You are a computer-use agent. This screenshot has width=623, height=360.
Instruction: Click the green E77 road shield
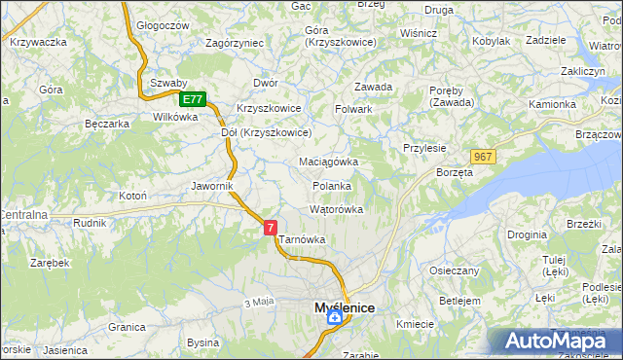pyautogui.click(x=193, y=99)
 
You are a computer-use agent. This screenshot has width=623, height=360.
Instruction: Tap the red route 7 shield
pyautogui.click(x=271, y=227)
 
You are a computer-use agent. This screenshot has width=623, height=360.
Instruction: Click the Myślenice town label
pyautogui.click(x=345, y=307)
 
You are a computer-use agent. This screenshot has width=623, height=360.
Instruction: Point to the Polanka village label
pyautogui.click(x=331, y=186)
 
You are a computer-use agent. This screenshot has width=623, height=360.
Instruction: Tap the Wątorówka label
pyautogui.click(x=336, y=209)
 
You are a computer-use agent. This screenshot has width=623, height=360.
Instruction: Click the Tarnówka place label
pyautogui.click(x=302, y=239)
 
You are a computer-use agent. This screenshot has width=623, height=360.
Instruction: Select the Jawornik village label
pyautogui.click(x=213, y=186)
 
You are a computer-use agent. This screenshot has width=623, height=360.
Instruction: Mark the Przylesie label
pyautogui.click(x=424, y=148)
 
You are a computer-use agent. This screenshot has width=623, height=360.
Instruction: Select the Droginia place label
pyautogui.click(x=527, y=234)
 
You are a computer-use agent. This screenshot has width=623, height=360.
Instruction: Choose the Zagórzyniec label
pyautogui.click(x=235, y=43)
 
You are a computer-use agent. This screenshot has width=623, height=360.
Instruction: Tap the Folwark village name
pyautogui.click(x=354, y=109)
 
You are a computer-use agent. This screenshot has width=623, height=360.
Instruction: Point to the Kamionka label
pyautogui.click(x=552, y=103)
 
